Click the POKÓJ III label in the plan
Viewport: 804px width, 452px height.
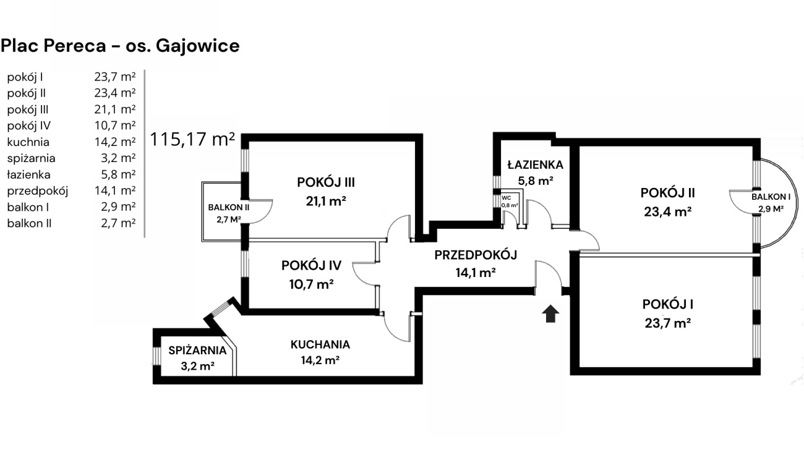[325, 182]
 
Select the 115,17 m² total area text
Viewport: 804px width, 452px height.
[192, 139]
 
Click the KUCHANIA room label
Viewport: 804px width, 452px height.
[320, 344]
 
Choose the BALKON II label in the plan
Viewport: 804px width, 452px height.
[229, 207]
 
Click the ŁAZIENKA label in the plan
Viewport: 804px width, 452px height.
[535, 165]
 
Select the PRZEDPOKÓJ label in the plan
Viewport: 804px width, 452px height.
[475, 255]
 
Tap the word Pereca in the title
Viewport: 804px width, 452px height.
[71, 46]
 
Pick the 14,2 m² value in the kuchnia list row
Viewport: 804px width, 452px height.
[118, 142]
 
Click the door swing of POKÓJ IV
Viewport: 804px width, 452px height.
[364, 272]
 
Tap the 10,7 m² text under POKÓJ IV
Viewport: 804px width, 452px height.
[311, 284]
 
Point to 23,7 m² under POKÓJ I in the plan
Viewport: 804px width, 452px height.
[667, 323]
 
